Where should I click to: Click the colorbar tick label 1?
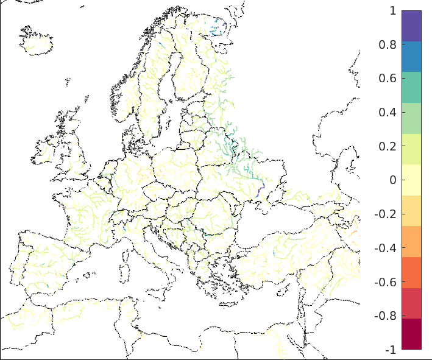[392, 10]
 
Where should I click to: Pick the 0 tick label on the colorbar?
[392, 180]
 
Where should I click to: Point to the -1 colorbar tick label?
[390, 350]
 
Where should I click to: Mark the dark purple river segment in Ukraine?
[260, 188]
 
